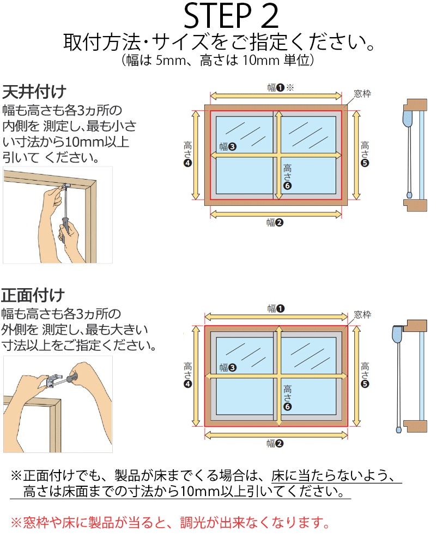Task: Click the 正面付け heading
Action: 33,296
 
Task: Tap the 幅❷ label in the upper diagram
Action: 275,222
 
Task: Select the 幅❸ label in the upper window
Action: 227,146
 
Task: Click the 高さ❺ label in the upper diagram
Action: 365,154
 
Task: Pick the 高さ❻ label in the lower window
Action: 288,397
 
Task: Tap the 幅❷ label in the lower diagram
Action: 275,444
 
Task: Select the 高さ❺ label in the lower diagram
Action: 365,375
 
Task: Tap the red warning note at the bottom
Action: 171,523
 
